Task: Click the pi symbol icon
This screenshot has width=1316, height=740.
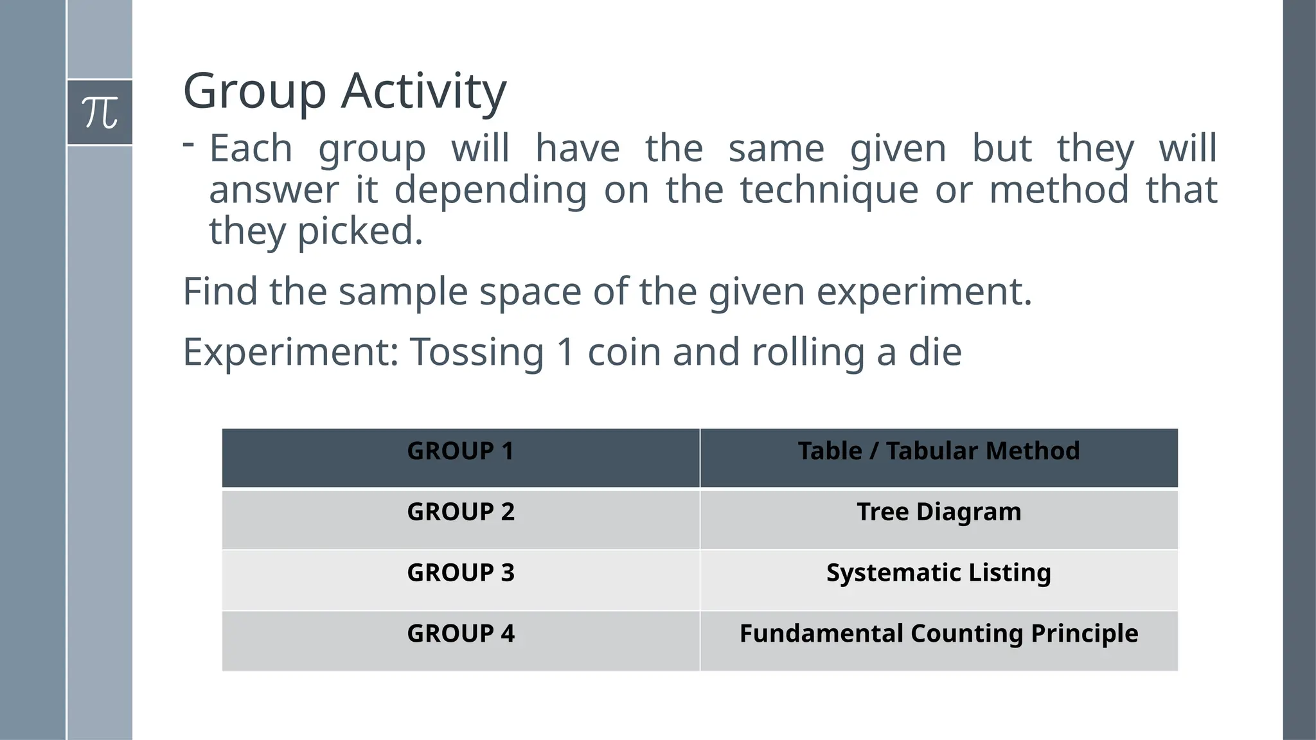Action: tap(100, 112)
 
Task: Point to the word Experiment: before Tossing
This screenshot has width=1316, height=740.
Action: tap(291, 352)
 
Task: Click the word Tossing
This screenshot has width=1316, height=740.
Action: tap(477, 352)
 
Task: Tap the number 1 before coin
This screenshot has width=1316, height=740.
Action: tap(565, 352)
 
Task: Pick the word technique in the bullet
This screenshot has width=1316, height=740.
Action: tap(829, 190)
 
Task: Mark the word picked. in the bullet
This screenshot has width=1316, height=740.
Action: tap(360, 231)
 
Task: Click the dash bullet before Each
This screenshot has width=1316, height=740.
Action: tap(188, 145)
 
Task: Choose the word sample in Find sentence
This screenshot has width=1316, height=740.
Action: tap(403, 291)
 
